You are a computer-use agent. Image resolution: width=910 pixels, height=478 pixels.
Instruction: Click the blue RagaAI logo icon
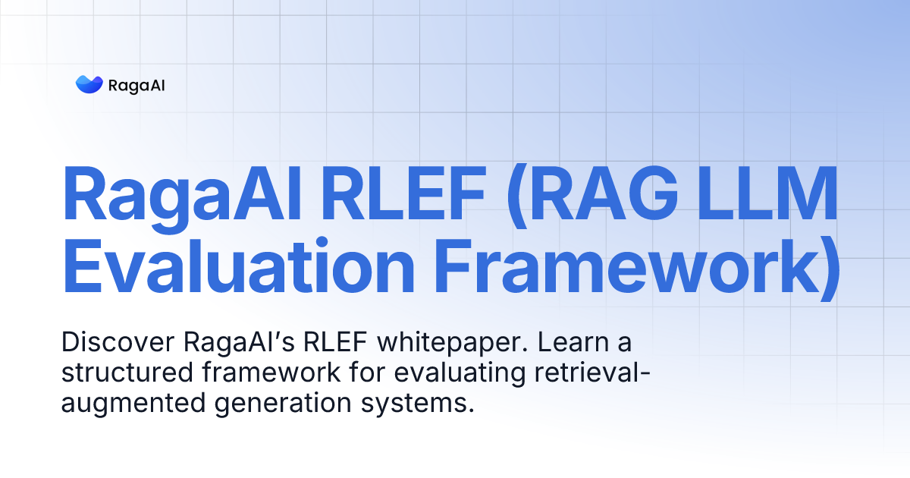[x=89, y=84]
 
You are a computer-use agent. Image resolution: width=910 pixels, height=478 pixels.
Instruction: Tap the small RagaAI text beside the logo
[x=136, y=85]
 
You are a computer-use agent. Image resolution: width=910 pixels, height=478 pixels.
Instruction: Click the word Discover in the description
[x=118, y=343]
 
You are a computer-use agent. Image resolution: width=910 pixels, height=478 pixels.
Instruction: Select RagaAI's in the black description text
[x=238, y=343]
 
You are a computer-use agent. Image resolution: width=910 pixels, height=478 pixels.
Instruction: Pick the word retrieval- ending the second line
[x=577, y=373]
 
